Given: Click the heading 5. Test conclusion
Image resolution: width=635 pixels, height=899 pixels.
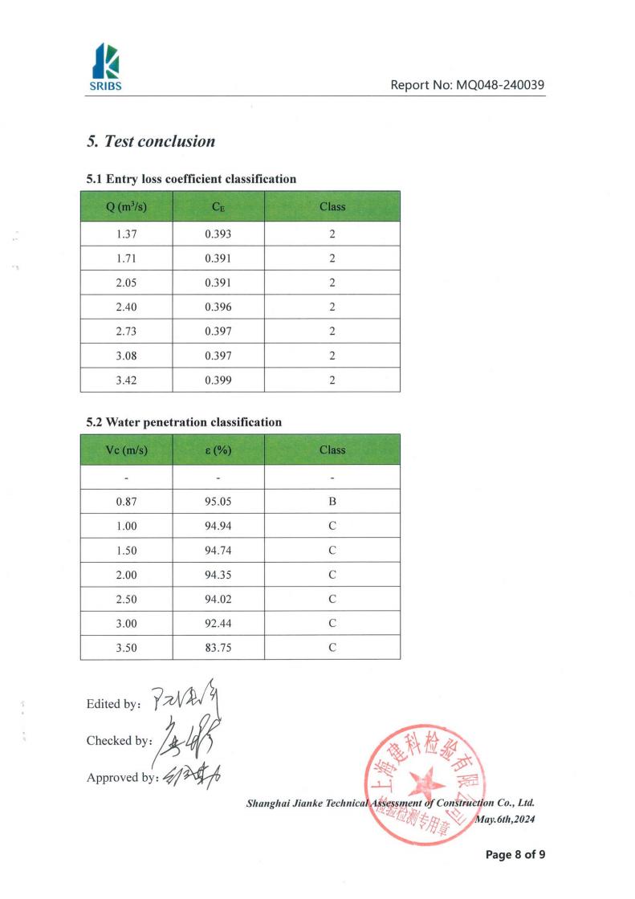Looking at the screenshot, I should pyautogui.click(x=151, y=141).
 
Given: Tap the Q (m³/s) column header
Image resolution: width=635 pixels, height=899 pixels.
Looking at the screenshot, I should pyautogui.click(x=126, y=206).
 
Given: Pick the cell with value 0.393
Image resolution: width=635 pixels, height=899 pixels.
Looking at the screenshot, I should pyautogui.click(x=218, y=234).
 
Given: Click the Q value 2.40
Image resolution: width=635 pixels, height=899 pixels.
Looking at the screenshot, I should pyautogui.click(x=126, y=307).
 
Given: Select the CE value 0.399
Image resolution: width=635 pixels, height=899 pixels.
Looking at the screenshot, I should pyautogui.click(x=218, y=380).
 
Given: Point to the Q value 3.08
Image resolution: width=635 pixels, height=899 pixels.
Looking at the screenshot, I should pyautogui.click(x=126, y=356).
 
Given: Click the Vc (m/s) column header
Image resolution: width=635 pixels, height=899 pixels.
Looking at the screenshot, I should pyautogui.click(x=126, y=449).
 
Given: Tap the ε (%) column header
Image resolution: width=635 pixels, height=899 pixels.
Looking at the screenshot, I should pyautogui.click(x=218, y=449).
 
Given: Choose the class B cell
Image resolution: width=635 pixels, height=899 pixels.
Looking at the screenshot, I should pyautogui.click(x=332, y=502).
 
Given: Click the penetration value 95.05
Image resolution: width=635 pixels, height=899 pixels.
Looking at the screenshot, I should pyautogui.click(x=218, y=502).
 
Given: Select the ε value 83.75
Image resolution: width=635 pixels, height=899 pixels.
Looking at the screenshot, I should pyautogui.click(x=218, y=648).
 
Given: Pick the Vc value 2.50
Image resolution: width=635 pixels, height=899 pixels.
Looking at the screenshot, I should pyautogui.click(x=126, y=599).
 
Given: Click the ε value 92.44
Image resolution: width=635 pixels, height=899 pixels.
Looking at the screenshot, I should pyautogui.click(x=218, y=624).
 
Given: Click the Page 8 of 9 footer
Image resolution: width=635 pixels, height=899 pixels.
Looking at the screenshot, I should pyautogui.click(x=515, y=855).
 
